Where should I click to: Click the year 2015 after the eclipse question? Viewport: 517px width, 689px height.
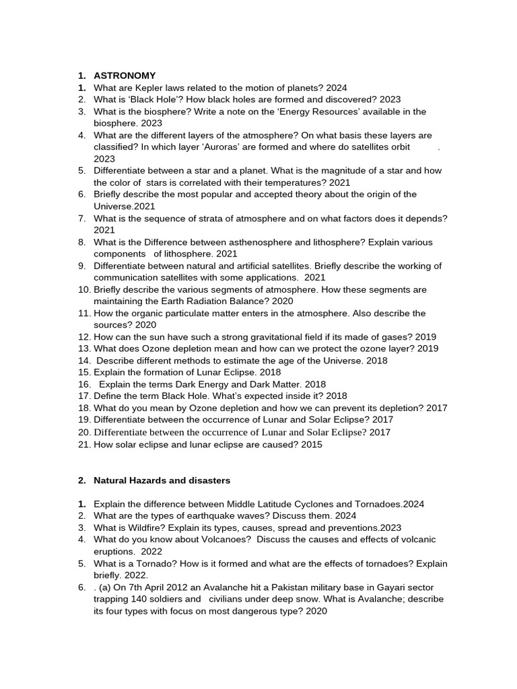(x=311, y=445)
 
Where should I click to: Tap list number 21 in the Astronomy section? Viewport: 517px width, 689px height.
(x=83, y=445)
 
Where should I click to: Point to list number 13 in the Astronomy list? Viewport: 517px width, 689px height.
(x=83, y=349)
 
